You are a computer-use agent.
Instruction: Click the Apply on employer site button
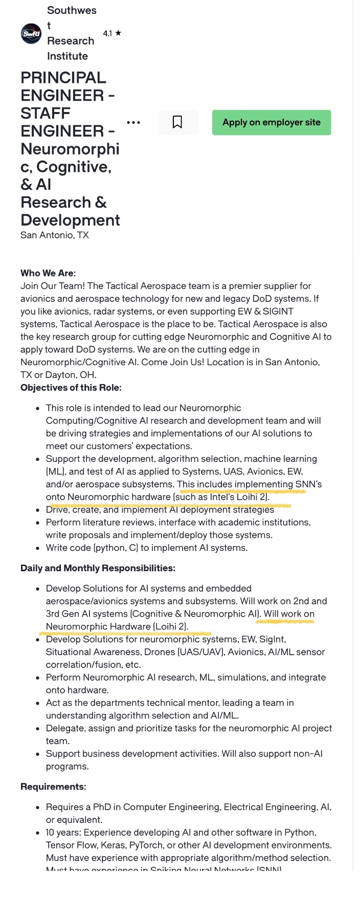coord(272,123)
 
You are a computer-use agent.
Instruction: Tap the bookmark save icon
coord(177,122)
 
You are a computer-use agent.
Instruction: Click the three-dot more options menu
coord(133,123)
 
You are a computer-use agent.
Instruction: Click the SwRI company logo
coord(31,34)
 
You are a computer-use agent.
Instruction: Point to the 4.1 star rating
coord(112,33)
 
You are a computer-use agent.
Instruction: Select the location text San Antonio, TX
coord(55,235)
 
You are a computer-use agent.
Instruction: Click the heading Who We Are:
coord(48,273)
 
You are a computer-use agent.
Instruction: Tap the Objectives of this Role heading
coord(71,388)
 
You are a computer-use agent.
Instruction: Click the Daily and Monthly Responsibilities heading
coord(98,568)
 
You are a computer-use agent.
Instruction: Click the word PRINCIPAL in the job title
coord(63,78)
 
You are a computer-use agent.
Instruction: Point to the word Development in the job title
coord(70,220)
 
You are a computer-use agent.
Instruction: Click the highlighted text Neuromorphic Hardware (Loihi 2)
coord(117,627)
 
